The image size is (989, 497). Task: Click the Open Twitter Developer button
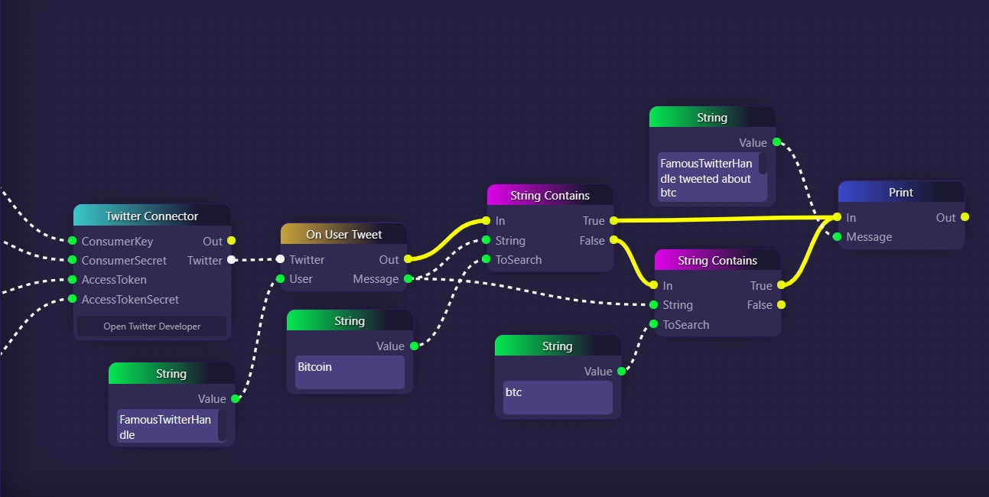(151, 326)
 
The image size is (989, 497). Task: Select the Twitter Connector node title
(151, 216)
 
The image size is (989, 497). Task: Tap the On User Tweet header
(343, 235)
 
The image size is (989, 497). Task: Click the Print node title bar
(900, 193)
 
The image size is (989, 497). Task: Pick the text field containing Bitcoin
(350, 372)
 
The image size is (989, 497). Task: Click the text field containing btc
(558, 397)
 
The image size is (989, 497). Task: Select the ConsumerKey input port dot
(73, 241)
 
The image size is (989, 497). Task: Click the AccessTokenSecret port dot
(73, 299)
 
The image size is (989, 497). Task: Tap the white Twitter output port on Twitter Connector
(231, 260)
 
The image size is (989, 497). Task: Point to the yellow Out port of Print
(965, 217)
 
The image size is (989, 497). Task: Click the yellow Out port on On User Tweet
(408, 259)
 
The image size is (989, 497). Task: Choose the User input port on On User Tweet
(280, 278)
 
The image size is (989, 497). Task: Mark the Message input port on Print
(838, 236)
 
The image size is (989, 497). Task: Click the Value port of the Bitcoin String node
(414, 346)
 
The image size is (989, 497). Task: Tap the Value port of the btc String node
(621, 371)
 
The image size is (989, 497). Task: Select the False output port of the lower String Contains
(781, 304)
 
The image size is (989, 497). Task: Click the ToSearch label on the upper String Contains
(519, 259)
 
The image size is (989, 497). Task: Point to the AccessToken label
(114, 280)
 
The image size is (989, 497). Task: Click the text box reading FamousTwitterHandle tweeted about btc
(708, 178)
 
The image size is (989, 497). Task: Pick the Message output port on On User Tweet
(408, 278)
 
